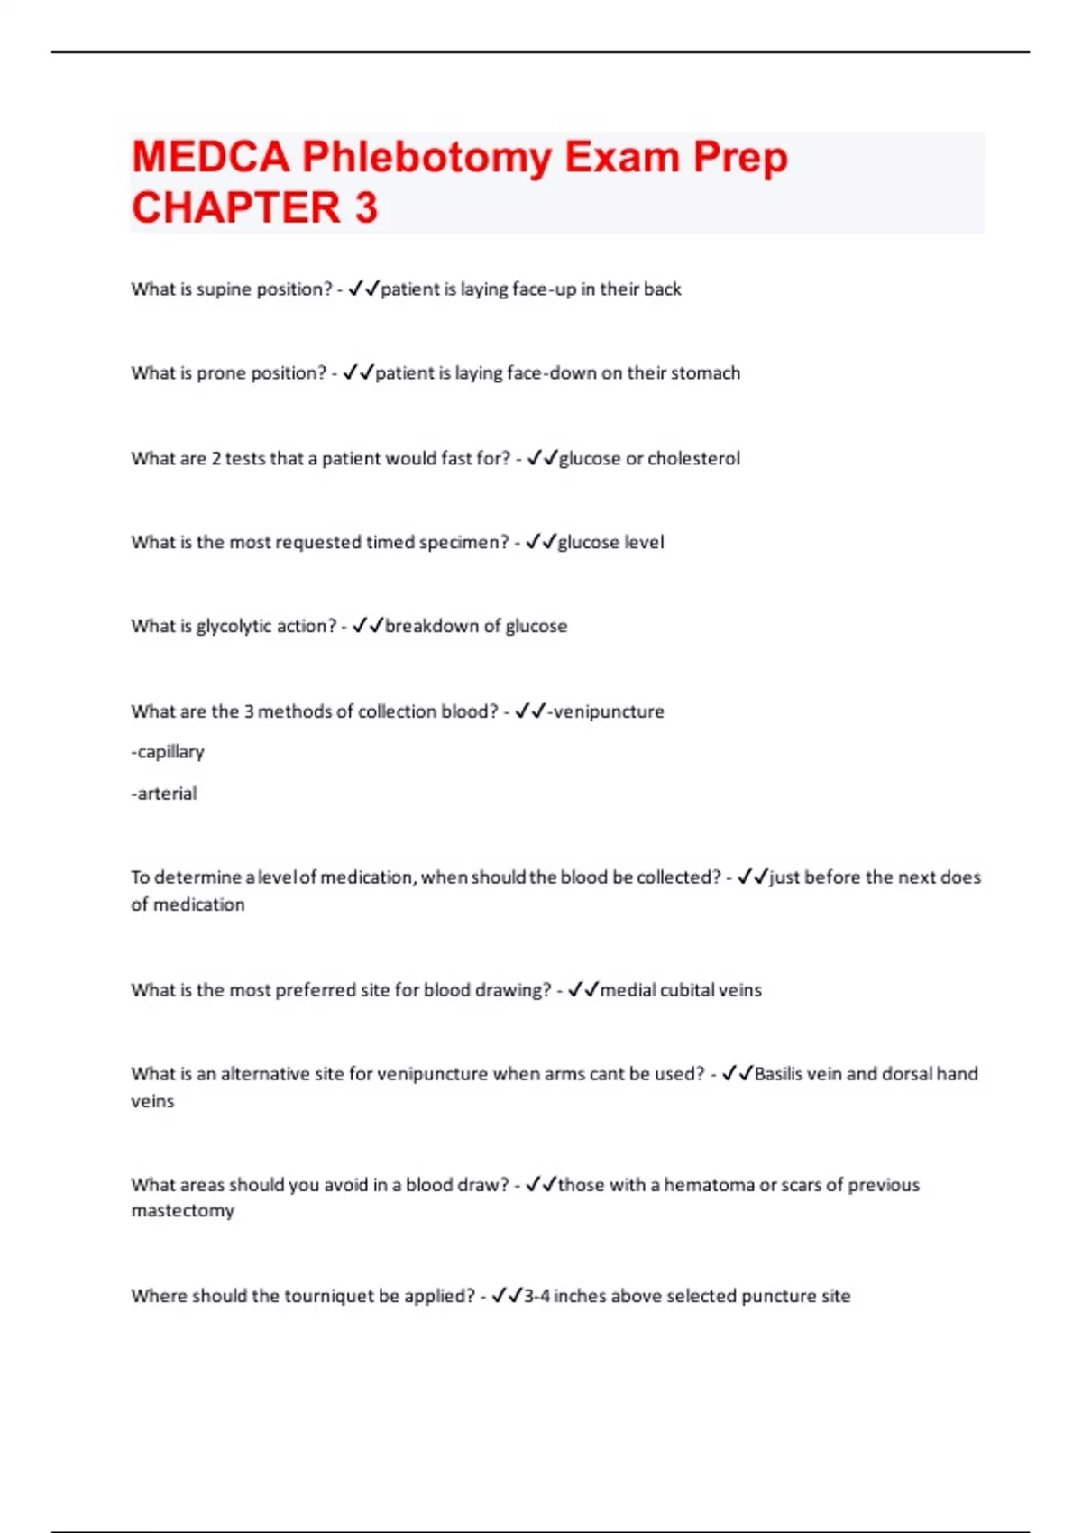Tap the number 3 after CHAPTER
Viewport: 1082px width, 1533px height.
[365, 208]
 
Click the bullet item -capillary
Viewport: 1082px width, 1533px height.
[168, 752]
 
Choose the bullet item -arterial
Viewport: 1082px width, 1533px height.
[164, 794]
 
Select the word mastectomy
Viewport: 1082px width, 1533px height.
[183, 1211]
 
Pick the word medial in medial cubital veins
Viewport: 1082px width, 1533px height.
[628, 990]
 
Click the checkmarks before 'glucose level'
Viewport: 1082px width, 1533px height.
[540, 542]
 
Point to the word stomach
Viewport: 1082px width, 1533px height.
[705, 373]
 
